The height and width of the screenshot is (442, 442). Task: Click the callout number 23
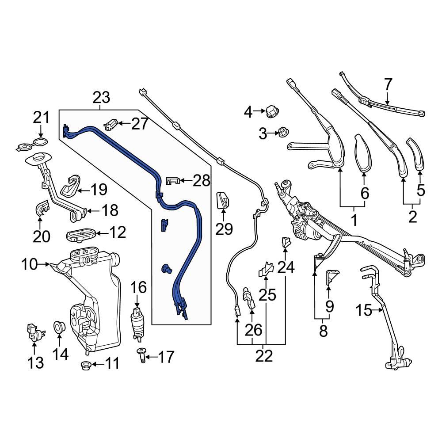click(101, 97)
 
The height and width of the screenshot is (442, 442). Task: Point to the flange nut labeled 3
click(281, 132)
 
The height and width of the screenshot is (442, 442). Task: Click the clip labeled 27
click(111, 125)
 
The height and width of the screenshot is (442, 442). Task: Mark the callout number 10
click(30, 265)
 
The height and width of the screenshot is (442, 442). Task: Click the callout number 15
click(364, 311)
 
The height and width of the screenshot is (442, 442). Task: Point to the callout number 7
click(388, 84)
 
